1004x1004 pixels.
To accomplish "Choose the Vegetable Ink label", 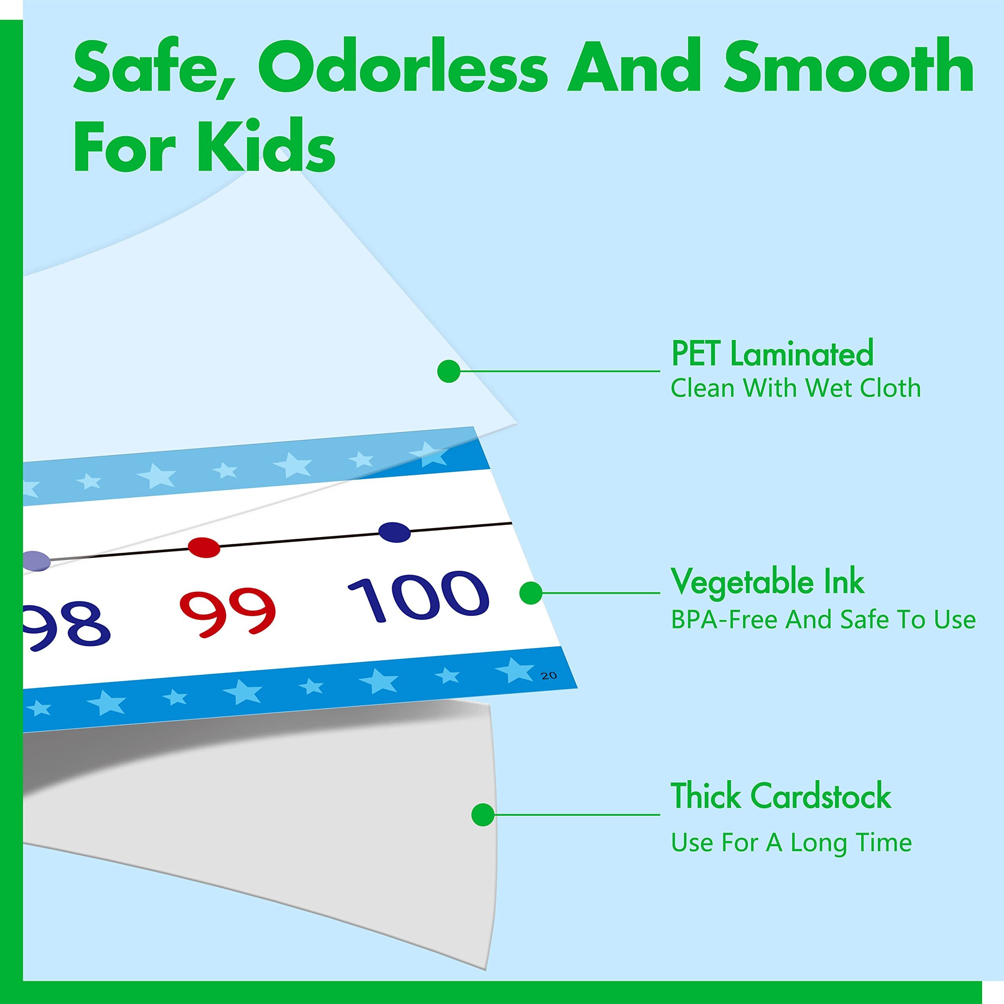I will [768, 582].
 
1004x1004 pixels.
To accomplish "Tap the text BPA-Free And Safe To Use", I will [823, 619].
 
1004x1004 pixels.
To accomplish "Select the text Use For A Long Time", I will [791, 843].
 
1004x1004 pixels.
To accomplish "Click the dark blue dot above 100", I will [395, 532].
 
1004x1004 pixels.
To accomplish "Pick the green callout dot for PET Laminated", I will [449, 371].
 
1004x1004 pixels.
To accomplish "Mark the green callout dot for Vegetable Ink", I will [531, 593].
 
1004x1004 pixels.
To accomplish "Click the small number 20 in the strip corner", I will [549, 676].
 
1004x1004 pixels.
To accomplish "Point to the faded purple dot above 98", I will [35, 561].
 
